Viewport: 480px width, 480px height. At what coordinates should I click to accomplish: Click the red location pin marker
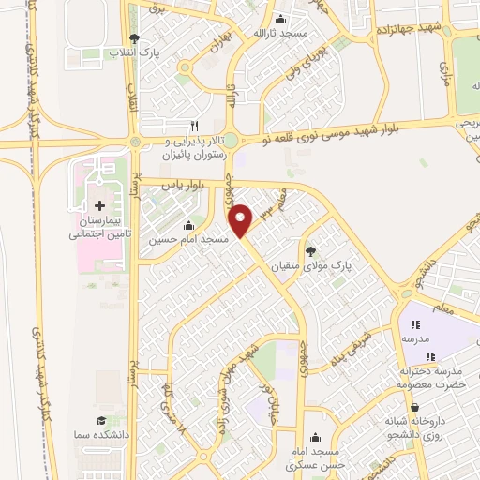[x=243, y=221]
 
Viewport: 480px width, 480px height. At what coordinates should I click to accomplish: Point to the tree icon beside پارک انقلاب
[x=134, y=38]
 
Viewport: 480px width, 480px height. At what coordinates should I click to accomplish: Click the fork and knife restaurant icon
[x=195, y=125]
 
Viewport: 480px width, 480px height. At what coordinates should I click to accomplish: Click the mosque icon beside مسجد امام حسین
[x=190, y=225]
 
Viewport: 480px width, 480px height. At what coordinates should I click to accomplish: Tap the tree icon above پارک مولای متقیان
[x=310, y=250]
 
